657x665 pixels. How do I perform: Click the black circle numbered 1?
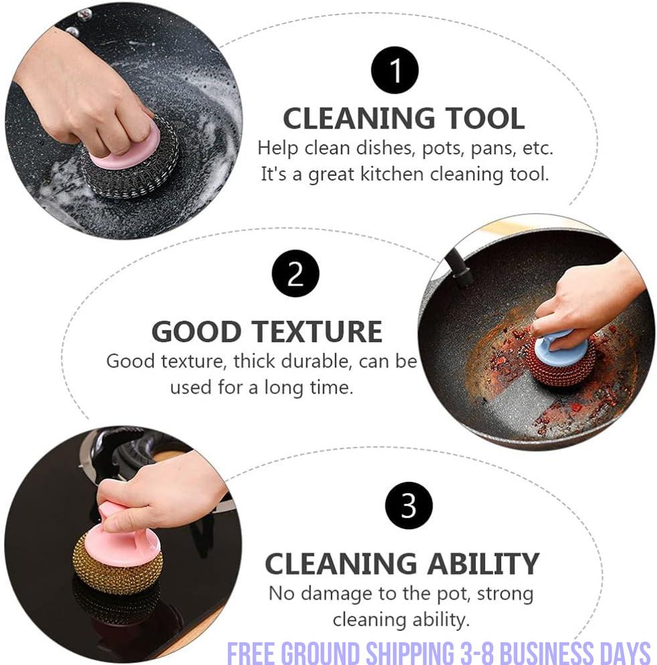[x=395, y=70]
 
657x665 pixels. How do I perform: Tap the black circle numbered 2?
[x=295, y=274]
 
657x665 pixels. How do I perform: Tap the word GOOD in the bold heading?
[x=195, y=332]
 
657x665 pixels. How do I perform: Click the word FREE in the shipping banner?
[x=252, y=652]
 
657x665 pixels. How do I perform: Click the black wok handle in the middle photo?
[x=460, y=271]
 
